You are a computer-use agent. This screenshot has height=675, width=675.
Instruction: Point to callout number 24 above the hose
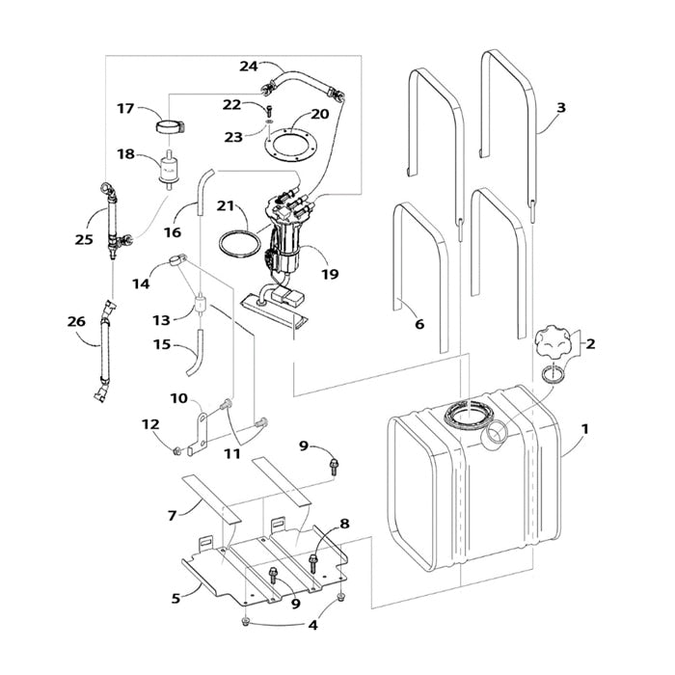click(250, 67)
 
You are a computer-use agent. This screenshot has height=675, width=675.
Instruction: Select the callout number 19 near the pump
click(330, 274)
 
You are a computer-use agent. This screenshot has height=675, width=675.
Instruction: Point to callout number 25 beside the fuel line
click(83, 238)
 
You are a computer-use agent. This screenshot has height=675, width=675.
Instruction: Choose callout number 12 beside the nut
click(149, 424)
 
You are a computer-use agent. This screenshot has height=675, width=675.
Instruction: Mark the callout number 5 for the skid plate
click(175, 598)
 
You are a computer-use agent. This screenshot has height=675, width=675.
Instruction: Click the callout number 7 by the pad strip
click(173, 516)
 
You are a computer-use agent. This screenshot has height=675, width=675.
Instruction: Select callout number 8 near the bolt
click(344, 525)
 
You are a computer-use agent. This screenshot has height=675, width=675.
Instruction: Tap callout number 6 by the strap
click(418, 325)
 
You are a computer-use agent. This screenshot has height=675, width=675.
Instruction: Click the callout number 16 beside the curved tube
click(173, 232)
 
